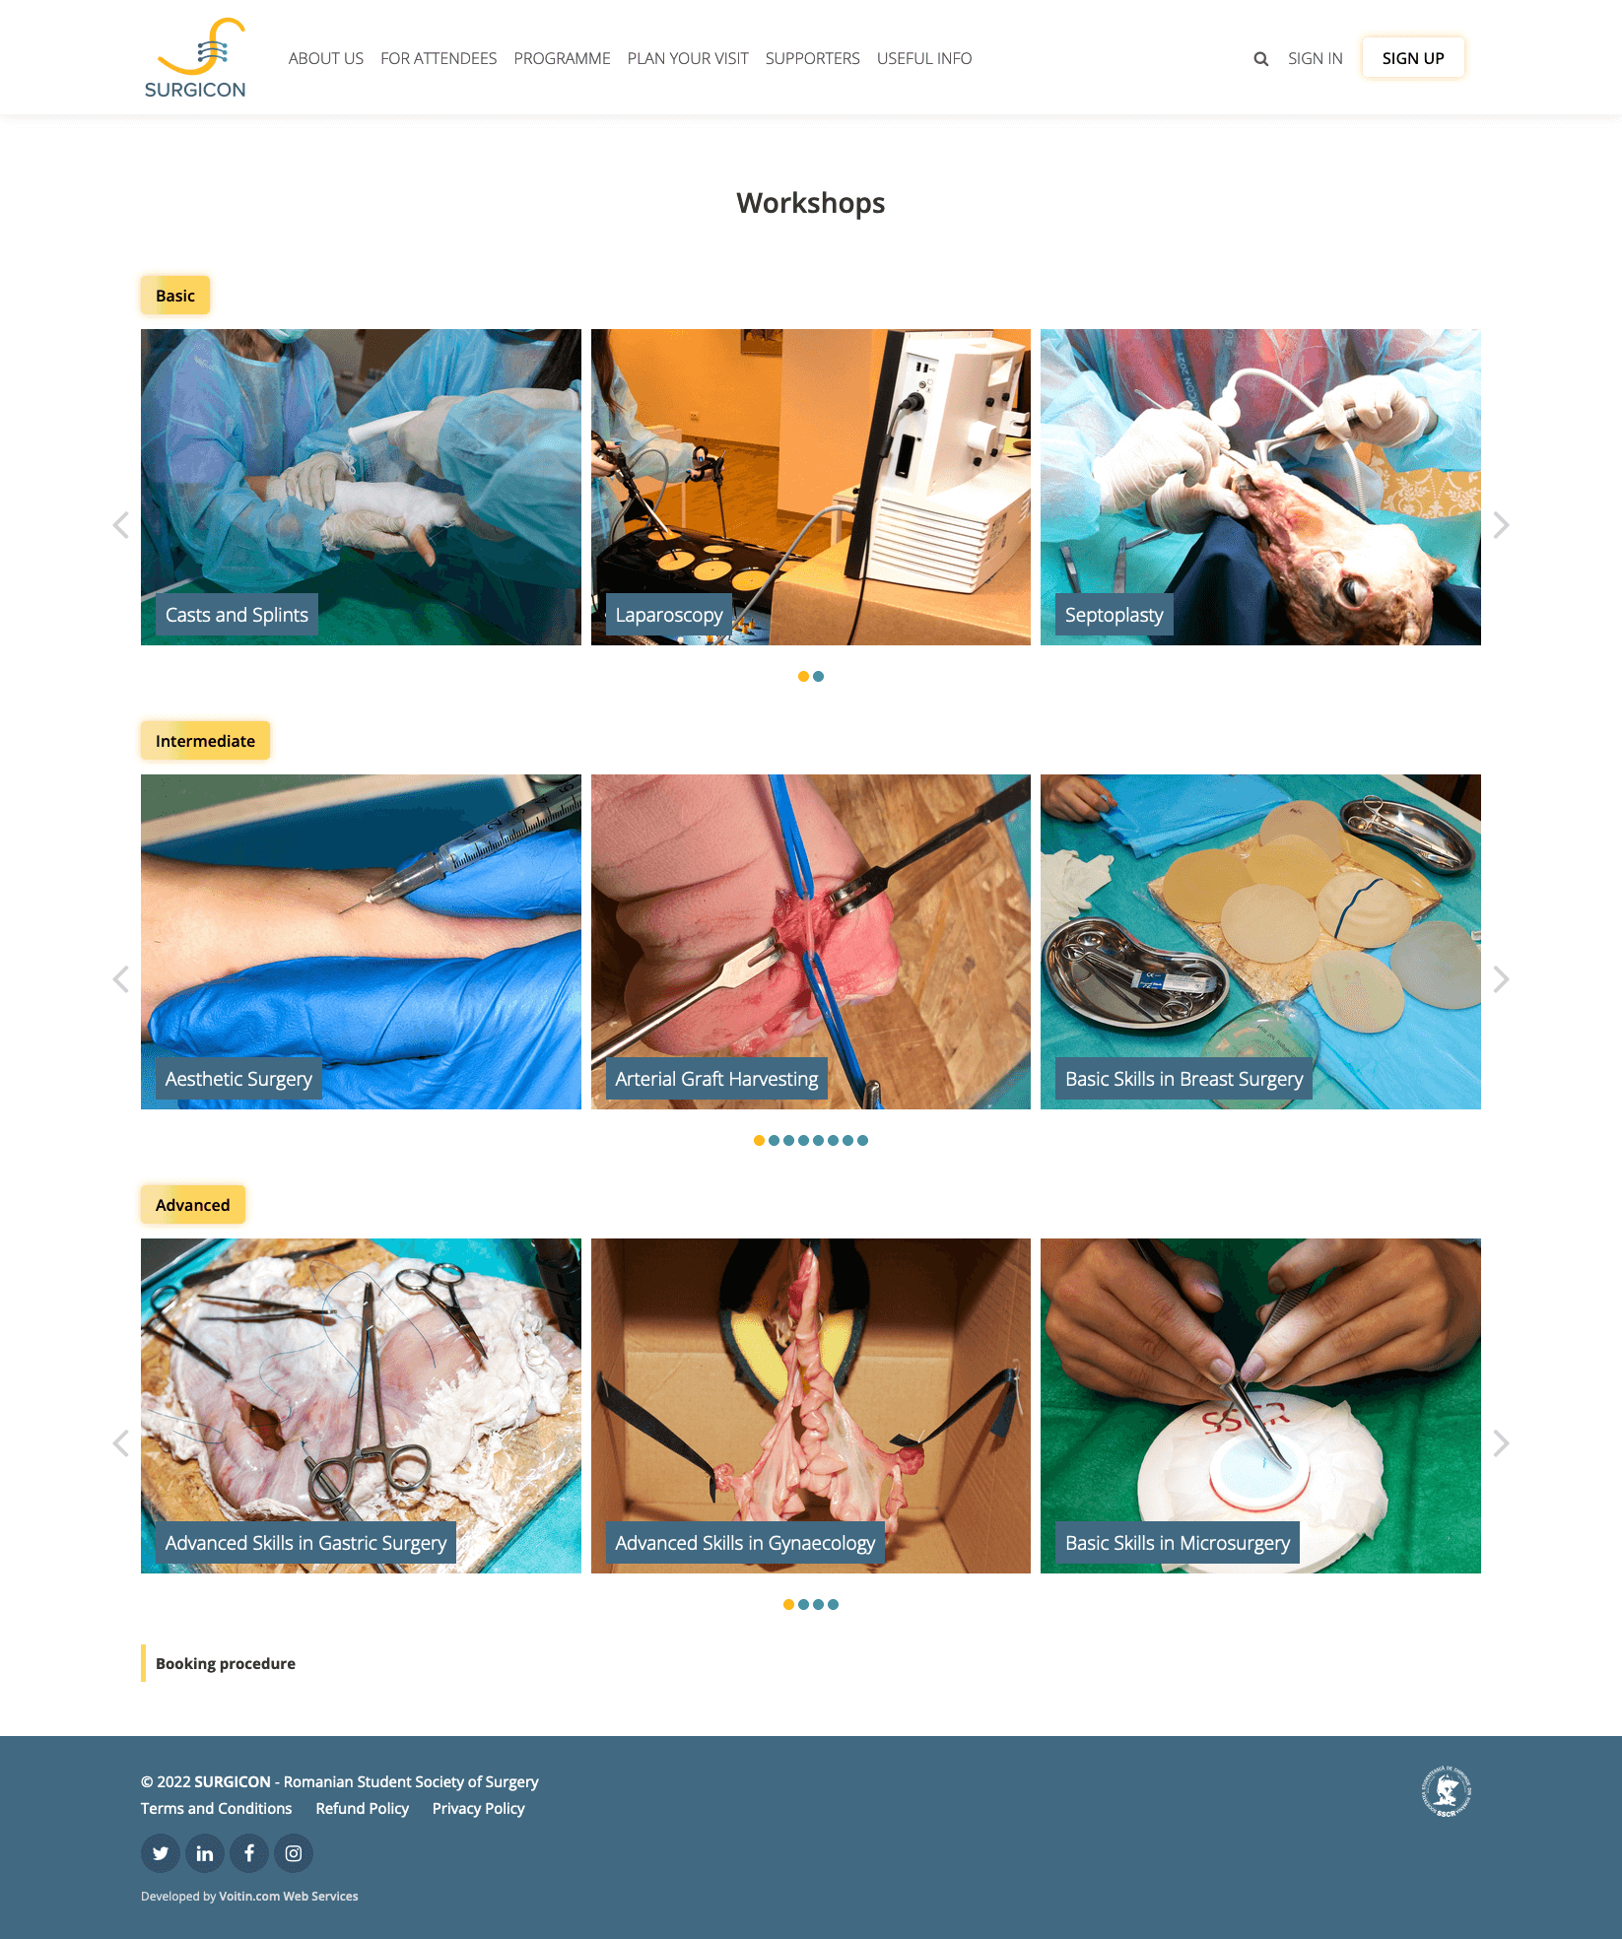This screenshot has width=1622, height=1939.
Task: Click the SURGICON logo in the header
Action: click(195, 58)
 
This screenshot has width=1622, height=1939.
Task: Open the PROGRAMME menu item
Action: click(562, 58)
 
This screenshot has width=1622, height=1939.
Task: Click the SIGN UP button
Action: click(1413, 58)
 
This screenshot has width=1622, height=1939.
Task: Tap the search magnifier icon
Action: click(1260, 59)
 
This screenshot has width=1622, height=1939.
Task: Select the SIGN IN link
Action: click(1315, 58)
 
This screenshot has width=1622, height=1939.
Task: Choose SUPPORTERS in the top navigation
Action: click(812, 58)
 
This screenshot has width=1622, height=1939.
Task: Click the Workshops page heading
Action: click(811, 203)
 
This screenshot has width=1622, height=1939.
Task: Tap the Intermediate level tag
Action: click(205, 741)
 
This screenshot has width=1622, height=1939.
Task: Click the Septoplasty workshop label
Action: click(1114, 615)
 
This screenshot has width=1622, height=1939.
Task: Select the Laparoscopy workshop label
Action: click(669, 615)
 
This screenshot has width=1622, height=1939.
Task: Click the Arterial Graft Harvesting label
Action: click(716, 1079)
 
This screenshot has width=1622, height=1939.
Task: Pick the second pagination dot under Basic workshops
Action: click(819, 677)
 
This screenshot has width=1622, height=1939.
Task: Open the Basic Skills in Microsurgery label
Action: click(1178, 1543)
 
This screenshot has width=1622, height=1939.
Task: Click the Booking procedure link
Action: click(226, 1663)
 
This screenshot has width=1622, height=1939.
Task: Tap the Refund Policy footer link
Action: click(362, 1809)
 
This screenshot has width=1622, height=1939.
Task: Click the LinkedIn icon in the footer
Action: click(205, 1853)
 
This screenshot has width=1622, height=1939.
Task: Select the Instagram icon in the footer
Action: click(294, 1853)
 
